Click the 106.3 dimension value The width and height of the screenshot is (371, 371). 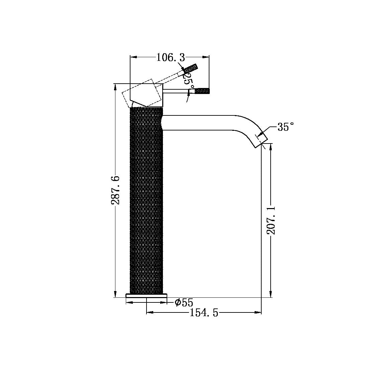click(x=171, y=58)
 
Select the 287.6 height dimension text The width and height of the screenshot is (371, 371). click(x=115, y=190)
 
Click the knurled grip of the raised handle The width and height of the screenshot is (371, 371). click(x=191, y=69)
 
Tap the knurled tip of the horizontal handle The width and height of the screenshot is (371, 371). click(x=203, y=91)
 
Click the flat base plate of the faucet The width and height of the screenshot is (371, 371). click(x=146, y=295)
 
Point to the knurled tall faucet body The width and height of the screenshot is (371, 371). click(x=146, y=201)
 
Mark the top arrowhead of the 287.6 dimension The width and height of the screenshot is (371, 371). click(x=115, y=86)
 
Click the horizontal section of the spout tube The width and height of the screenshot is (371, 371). click(x=201, y=123)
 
